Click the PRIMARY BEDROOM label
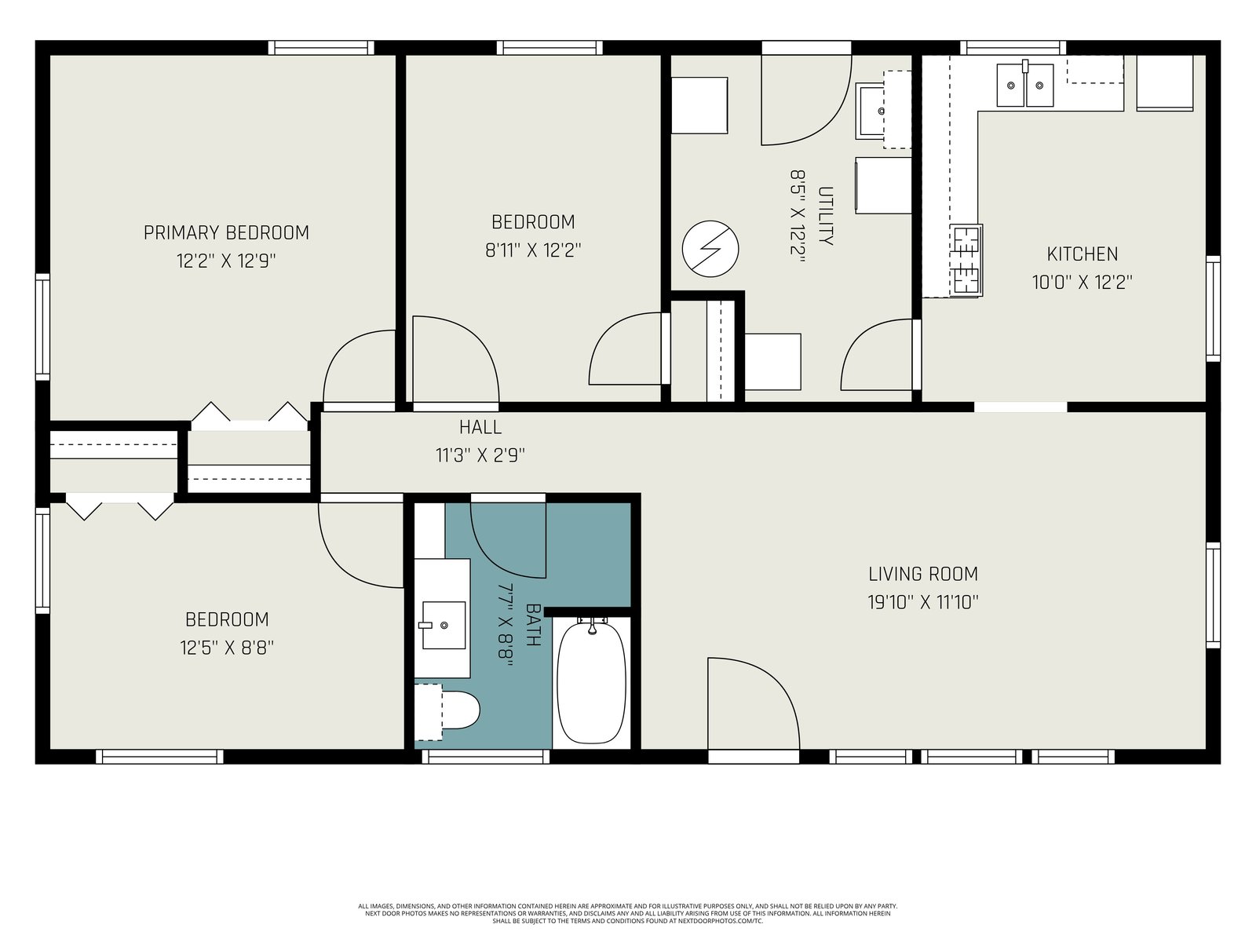click(226, 233)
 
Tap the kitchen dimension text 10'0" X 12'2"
click(1082, 282)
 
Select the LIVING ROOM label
click(923, 574)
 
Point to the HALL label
click(480, 427)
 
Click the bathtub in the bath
click(592, 681)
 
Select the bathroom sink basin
click(444, 625)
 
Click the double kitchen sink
click(1025, 85)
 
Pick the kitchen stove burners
click(966, 261)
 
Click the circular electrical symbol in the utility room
click(710, 249)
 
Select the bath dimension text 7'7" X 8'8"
click(504, 625)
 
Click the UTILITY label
click(825, 216)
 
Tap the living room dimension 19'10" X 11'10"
click(923, 602)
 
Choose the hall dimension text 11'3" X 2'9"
click(480, 455)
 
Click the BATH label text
click(533, 625)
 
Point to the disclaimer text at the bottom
click(628, 914)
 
